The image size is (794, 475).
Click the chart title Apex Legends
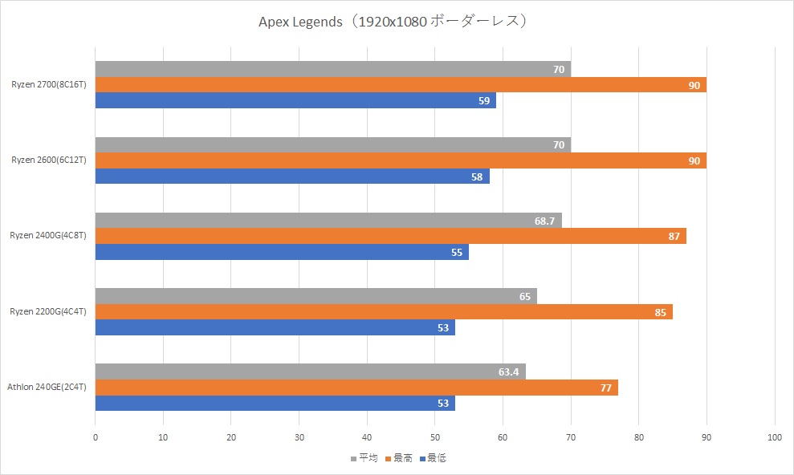(x=391, y=21)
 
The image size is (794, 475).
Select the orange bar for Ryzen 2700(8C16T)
(x=401, y=85)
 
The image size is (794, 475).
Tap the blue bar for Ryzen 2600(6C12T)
(x=292, y=177)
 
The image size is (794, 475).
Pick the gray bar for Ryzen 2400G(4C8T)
(x=328, y=220)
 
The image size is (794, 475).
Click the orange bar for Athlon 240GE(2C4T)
(x=356, y=388)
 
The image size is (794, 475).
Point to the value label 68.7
(x=545, y=221)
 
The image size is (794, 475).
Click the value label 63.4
(x=509, y=372)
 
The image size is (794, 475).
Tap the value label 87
(x=674, y=236)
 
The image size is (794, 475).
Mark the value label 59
(x=483, y=101)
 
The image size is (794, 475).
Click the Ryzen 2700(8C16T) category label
(x=49, y=85)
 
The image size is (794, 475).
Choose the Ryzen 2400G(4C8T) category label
(x=47, y=236)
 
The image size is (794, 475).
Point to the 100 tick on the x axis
(x=775, y=437)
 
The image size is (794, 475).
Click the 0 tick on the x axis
(x=96, y=437)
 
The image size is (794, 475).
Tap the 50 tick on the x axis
(x=435, y=437)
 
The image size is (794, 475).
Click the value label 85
(x=660, y=312)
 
